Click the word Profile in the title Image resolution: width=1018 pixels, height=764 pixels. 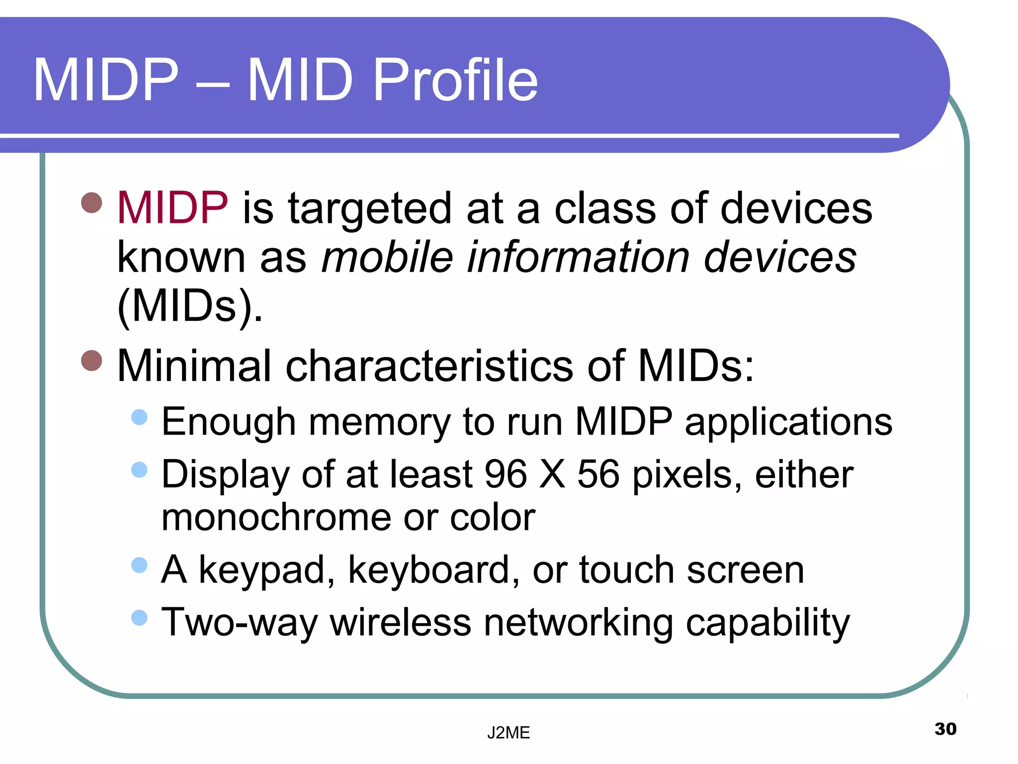coord(455,80)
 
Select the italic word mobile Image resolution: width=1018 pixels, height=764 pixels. coord(387,257)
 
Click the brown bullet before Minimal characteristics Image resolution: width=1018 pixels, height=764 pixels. coord(91,361)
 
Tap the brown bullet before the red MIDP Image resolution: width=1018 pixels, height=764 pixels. coord(91,202)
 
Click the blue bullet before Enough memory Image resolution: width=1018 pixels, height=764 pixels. coord(140,417)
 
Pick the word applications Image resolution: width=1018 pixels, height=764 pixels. coord(788,422)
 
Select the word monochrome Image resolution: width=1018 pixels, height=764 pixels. coord(276,517)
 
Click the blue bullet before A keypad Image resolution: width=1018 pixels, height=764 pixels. coord(140,565)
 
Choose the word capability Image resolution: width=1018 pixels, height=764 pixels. coord(767,623)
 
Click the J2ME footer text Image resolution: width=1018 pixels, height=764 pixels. coord(509,733)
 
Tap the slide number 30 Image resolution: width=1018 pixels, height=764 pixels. coord(945,729)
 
